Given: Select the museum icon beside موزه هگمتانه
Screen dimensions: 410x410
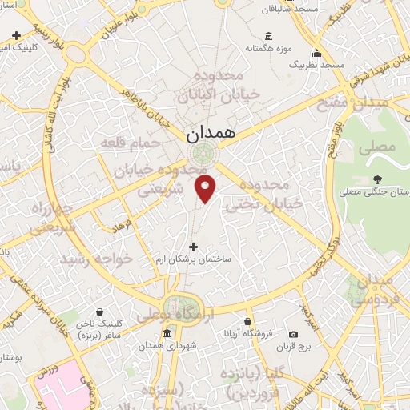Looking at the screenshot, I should point(267,36).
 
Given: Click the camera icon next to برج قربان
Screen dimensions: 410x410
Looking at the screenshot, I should point(294,334).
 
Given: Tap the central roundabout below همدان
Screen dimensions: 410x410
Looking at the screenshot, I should point(201,154).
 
